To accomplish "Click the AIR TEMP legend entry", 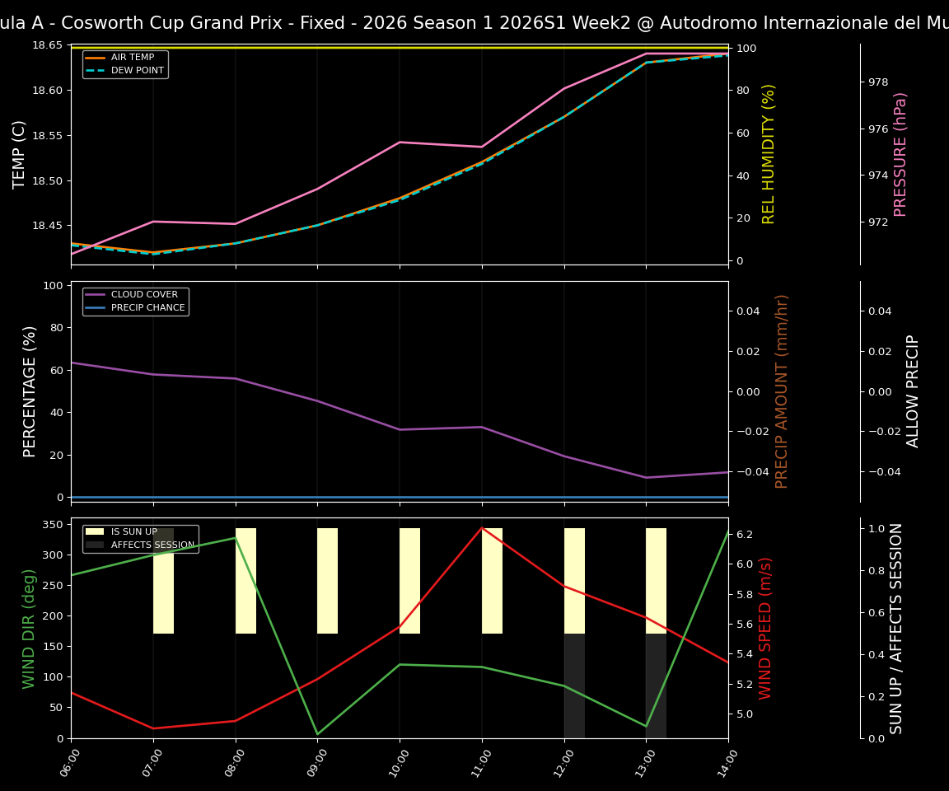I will click(x=132, y=58).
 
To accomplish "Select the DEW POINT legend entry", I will click(x=137, y=71).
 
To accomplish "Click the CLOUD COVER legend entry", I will click(x=144, y=295).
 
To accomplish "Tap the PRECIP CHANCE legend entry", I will click(x=147, y=308).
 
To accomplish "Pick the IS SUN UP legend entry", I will click(x=133, y=532).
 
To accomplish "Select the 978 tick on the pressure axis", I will click(x=878, y=82).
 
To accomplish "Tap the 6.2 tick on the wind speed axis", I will click(x=745, y=534).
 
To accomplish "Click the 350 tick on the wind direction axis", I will click(x=54, y=524).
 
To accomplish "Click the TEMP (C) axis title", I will click(x=20, y=154).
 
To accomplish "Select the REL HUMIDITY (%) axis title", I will click(x=769, y=154).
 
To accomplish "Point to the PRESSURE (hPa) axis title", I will click(x=900, y=154).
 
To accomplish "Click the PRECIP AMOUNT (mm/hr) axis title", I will click(x=782, y=391).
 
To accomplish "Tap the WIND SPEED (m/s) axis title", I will click(x=765, y=628).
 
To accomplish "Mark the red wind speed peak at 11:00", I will click(x=482, y=528).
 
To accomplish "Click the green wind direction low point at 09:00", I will click(x=317, y=734).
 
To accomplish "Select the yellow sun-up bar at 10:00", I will click(x=409, y=581).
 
